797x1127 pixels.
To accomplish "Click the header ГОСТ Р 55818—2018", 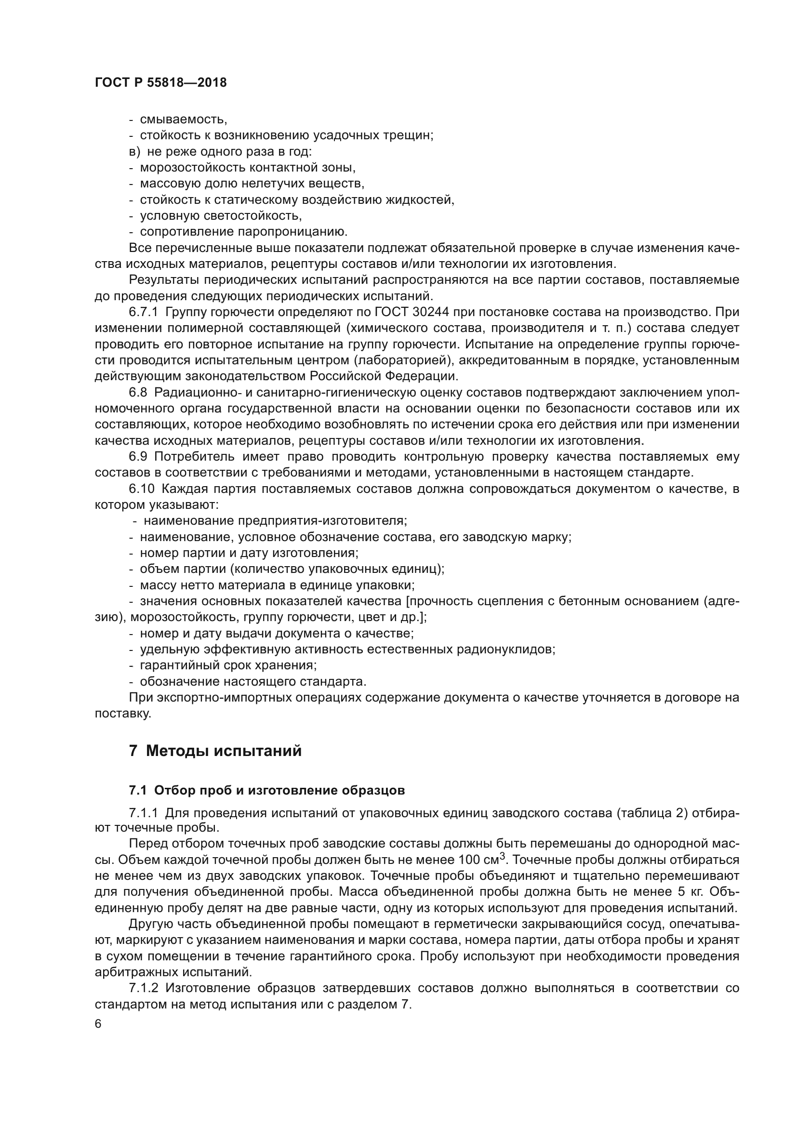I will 160,82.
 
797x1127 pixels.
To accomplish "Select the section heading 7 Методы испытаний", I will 215,751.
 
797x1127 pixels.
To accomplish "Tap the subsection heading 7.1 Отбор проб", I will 266,791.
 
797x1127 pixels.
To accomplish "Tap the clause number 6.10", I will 141,489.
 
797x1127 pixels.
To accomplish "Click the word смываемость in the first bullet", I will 183,119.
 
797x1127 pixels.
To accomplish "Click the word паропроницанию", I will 292,232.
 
